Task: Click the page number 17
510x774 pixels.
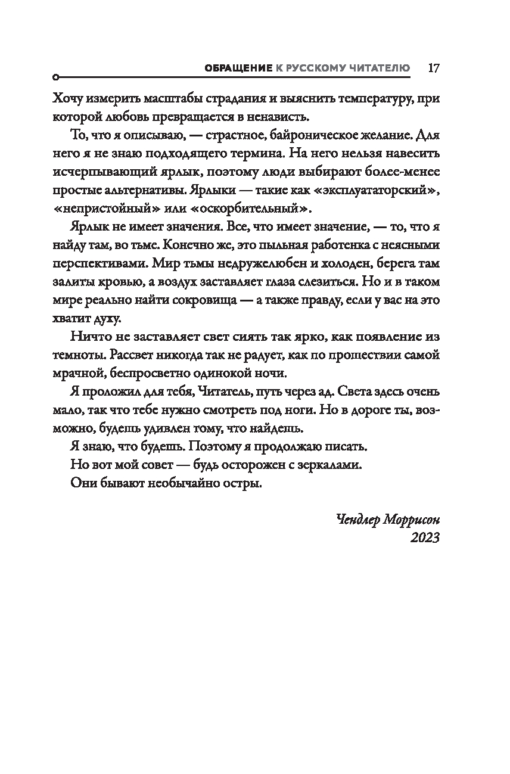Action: point(433,67)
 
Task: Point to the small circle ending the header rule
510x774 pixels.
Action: point(55,77)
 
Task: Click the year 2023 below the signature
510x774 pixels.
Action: point(425,537)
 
